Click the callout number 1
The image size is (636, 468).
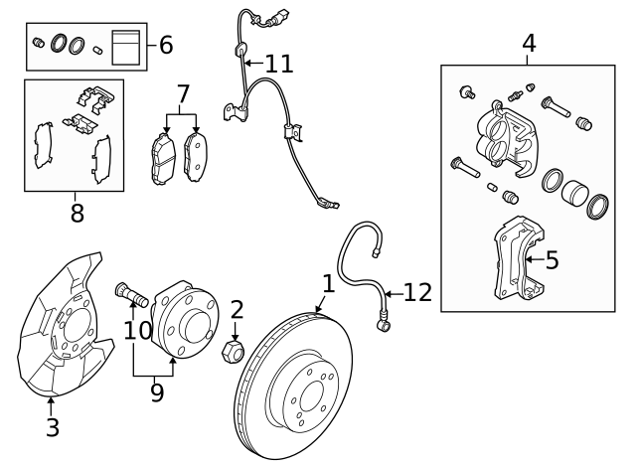coord(329,285)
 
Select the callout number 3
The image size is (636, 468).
coord(53,428)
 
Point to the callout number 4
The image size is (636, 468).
coord(529,43)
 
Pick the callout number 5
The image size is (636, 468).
coord(552,260)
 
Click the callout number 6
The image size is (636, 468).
coord(165,45)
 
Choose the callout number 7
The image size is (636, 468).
coord(182,95)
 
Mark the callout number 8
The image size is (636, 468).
coord(77,212)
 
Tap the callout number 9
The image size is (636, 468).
coord(156,392)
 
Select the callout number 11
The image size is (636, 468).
coord(279,65)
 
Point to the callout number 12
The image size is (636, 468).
coord(417,292)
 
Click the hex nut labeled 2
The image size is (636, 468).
coord(235,351)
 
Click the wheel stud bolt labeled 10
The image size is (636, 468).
coord(131,293)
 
